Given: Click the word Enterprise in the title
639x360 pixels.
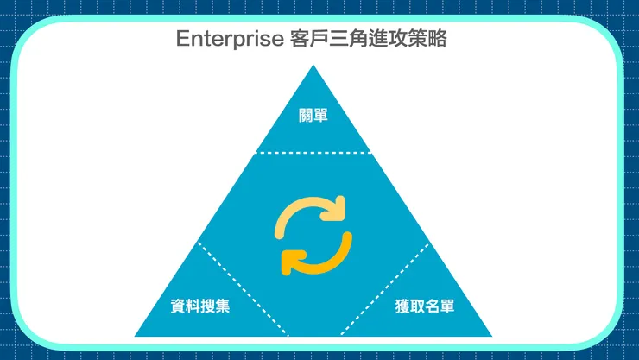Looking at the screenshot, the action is coord(230,39).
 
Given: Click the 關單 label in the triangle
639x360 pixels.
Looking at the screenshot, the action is coord(313,115).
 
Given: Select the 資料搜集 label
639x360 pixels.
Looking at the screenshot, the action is coord(200,306).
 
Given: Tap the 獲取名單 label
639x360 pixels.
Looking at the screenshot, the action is coord(425,306).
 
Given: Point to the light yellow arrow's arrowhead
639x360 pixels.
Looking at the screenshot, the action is coord(336,209).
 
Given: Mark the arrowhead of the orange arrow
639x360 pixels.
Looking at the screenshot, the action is coord(291,262).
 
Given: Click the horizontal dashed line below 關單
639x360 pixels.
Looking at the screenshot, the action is coord(313,153).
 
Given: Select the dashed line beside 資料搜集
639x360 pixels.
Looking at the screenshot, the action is coord(243,288).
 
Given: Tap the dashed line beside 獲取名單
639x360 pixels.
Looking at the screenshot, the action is coord(384,289).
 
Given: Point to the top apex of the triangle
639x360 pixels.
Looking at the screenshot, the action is coord(313,65).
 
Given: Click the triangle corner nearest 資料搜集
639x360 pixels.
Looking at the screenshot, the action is coord(136,336).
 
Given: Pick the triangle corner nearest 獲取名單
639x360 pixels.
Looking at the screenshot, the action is coord(491,336).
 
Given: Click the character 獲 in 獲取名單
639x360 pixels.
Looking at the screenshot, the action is coord(402,306).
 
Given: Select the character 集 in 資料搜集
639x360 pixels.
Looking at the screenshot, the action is coord(223,306).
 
